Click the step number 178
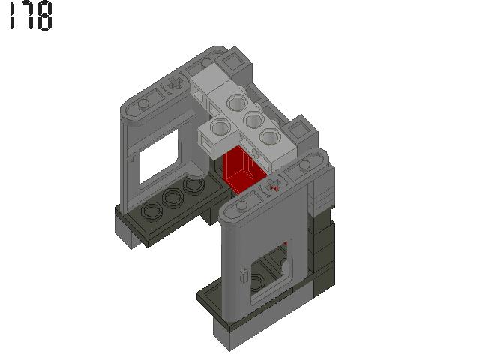click(x=31, y=16)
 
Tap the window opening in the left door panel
click(x=158, y=155)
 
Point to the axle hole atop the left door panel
click(x=173, y=83)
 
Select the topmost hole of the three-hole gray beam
click(x=237, y=103)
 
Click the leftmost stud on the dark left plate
click(x=151, y=213)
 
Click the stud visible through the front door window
click(x=259, y=282)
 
